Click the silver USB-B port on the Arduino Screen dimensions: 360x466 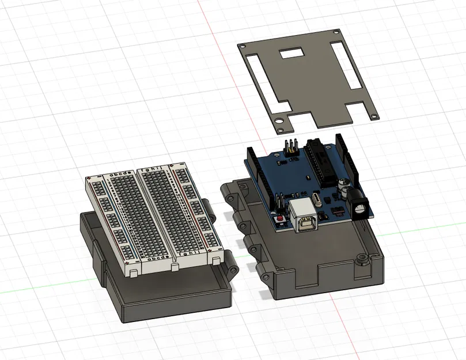[x=305, y=218]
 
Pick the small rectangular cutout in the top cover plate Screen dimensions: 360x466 [x=293, y=54]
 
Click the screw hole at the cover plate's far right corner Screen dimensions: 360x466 [x=374, y=116]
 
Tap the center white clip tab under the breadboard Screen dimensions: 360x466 [x=174, y=268]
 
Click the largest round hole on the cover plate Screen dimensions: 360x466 [x=279, y=122]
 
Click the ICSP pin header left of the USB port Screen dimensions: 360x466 [x=279, y=203]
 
